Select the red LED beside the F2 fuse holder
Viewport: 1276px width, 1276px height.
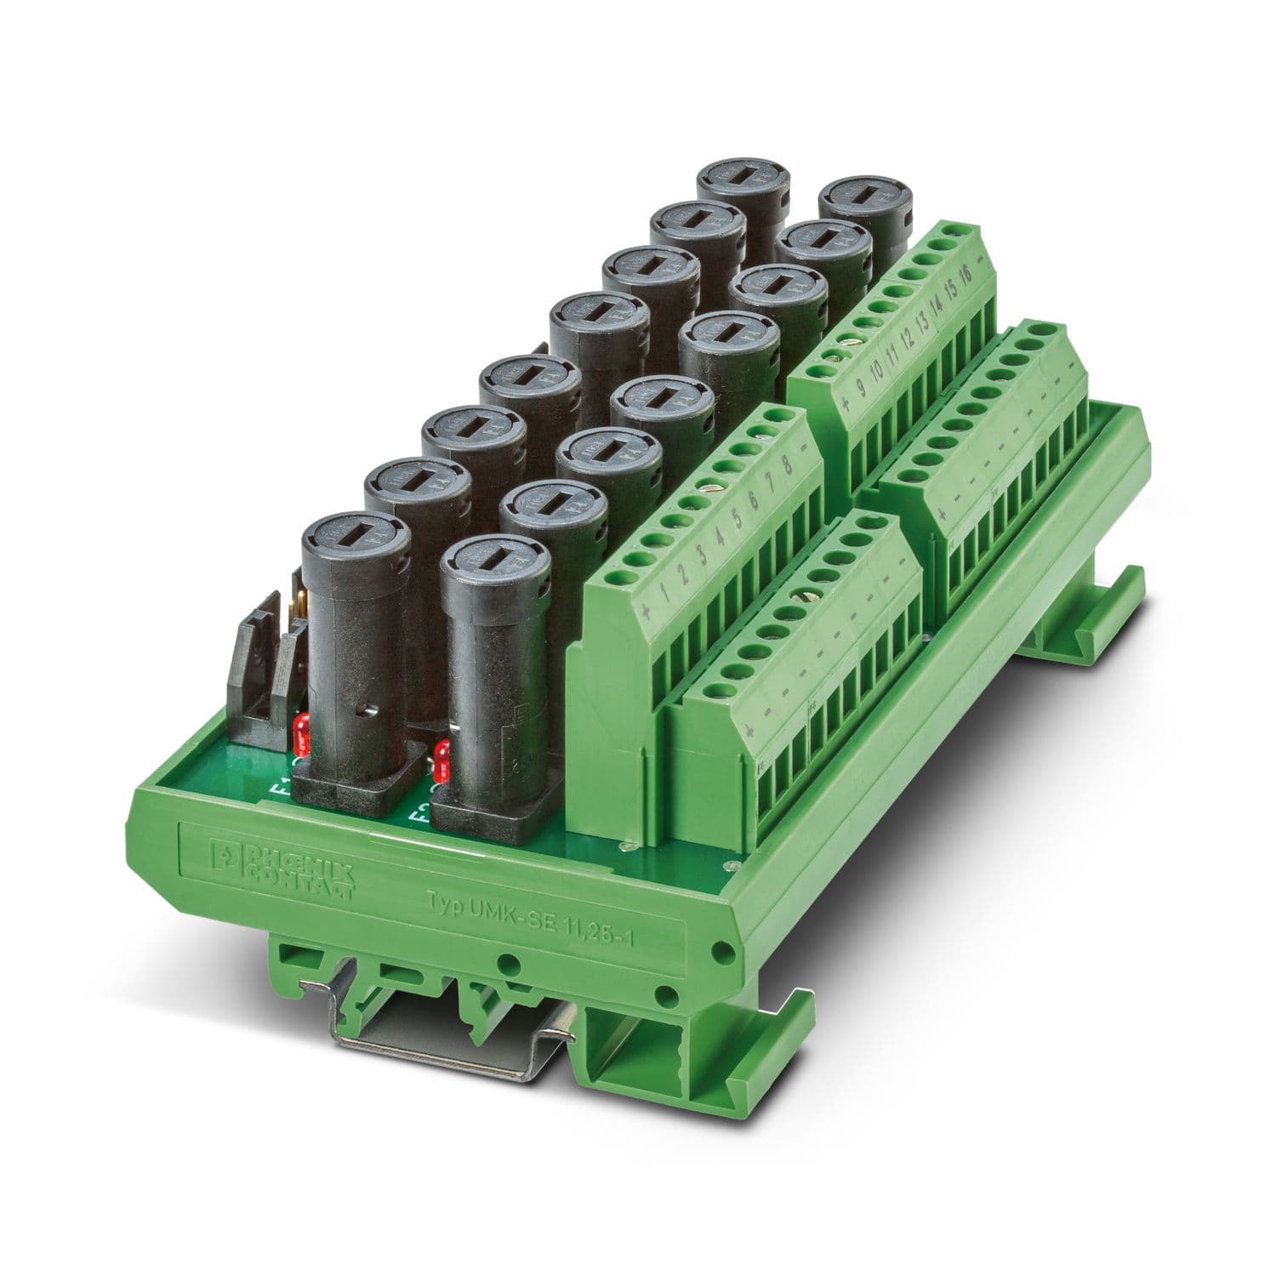click(441, 760)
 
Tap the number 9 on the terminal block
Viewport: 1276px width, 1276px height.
click(860, 389)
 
